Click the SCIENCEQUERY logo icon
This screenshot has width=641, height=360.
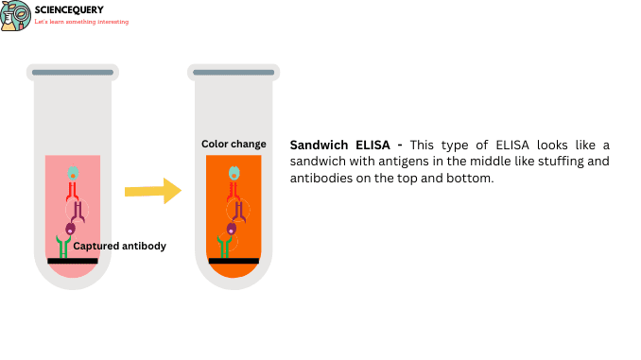[15, 15]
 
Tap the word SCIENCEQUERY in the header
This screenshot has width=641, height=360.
[68, 10]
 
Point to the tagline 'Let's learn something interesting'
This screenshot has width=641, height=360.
[81, 22]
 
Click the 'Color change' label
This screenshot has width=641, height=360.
[234, 145]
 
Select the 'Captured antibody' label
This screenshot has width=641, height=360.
[120, 246]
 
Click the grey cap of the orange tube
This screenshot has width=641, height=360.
[234, 72]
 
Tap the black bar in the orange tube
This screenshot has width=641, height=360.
[234, 260]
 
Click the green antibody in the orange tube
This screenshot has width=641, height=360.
[225, 248]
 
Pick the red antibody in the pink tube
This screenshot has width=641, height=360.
[72, 196]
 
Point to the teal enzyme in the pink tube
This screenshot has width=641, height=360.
[73, 175]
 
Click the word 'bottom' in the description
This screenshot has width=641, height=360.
[472, 179]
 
